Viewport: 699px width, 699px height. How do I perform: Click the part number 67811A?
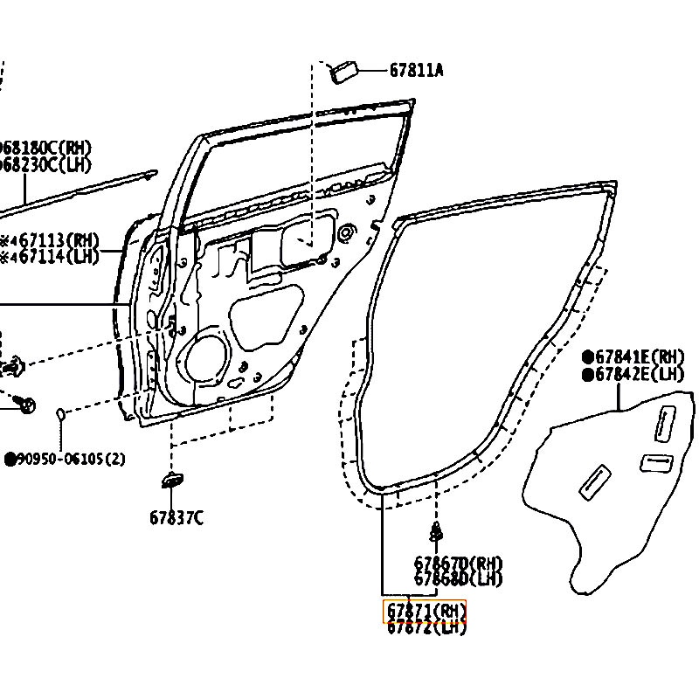416,70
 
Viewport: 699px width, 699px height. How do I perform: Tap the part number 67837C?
176,517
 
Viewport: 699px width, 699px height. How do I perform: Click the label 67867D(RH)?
458,564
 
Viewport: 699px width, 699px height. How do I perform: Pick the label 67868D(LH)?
458,578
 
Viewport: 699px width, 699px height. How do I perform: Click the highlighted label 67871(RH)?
426,610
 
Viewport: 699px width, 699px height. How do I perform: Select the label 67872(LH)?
426,626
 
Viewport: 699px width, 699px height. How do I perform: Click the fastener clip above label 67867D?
436,530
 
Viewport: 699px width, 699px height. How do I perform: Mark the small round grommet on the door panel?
347,232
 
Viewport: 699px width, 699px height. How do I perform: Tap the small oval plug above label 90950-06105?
60,413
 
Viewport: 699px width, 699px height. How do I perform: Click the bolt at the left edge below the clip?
27,404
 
